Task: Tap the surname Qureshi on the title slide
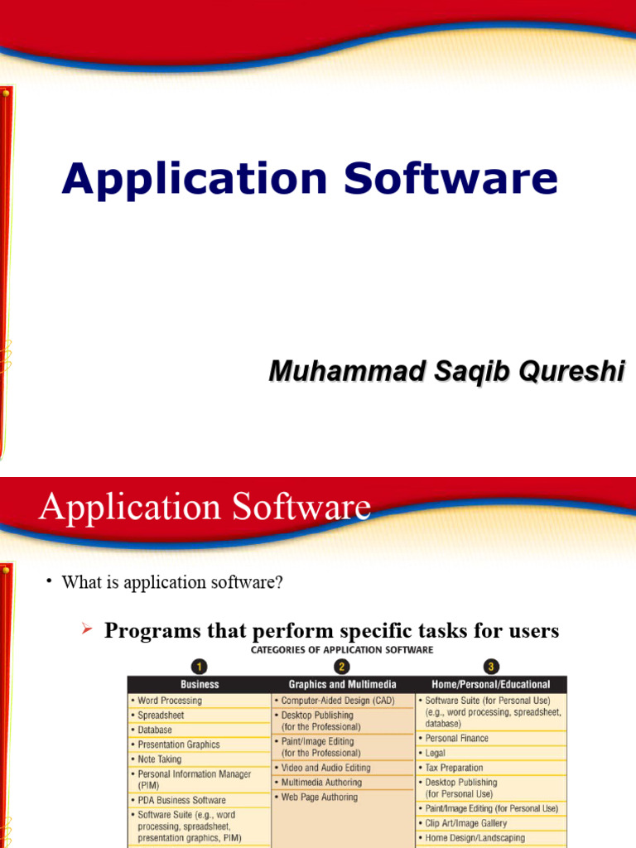point(571,372)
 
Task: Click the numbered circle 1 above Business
point(200,667)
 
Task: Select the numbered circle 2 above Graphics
point(342,667)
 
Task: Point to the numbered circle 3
point(491,667)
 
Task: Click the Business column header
point(200,684)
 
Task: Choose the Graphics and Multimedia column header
point(342,684)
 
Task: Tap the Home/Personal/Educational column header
point(491,684)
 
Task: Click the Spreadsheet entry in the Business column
point(161,715)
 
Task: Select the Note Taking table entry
point(159,759)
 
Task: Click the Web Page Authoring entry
point(319,797)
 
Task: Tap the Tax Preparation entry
point(454,768)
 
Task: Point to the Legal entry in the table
point(435,753)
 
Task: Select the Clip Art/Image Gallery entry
point(465,823)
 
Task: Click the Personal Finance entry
point(456,738)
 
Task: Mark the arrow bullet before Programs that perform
point(85,630)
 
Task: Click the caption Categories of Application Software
point(342,650)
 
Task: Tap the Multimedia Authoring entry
point(321,783)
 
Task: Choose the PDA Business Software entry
point(181,801)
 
